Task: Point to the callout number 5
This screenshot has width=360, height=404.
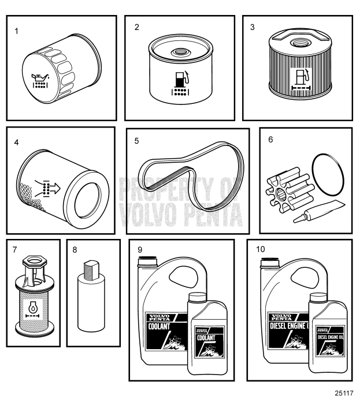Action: click(x=136, y=139)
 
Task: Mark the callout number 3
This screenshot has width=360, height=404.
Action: click(x=251, y=27)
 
